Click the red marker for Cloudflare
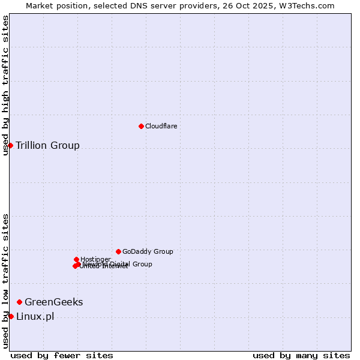(141, 126)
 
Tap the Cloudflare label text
(161, 126)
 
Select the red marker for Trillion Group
(10, 145)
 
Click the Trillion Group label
(47, 145)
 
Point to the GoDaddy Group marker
(118, 251)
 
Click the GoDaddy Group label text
(148, 251)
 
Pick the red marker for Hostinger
(76, 259)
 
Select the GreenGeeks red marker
(19, 302)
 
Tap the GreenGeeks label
(53, 302)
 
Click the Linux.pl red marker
(11, 316)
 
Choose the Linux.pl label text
(35, 317)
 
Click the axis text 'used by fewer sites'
(62, 355)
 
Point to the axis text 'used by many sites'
(301, 355)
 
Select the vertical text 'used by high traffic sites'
(5, 85)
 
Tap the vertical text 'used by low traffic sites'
(5, 281)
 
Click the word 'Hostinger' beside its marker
(95, 259)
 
